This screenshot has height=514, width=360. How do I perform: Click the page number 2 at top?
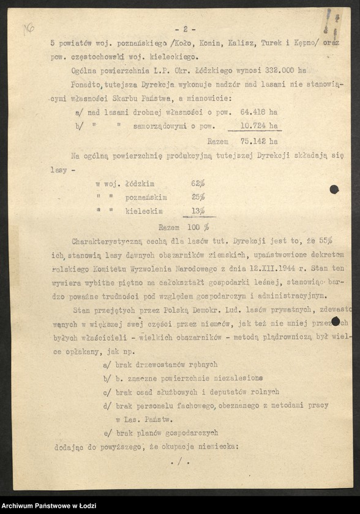pos(184,29)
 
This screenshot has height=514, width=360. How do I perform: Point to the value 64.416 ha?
pos(260,113)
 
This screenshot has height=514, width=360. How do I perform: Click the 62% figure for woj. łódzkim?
pos(197,183)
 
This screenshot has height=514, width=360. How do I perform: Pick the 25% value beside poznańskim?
pos(197,197)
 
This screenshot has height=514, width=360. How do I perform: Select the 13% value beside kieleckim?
pos(197,211)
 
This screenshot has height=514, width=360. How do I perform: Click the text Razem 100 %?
pos(183,226)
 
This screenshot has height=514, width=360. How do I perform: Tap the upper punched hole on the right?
pos(334,190)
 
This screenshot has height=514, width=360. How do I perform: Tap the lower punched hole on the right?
pos(336,321)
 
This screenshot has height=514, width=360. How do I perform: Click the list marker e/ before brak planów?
pos(108,433)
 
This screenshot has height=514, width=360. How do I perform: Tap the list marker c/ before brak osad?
pos(108,391)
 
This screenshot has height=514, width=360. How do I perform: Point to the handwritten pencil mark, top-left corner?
pos(28,28)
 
